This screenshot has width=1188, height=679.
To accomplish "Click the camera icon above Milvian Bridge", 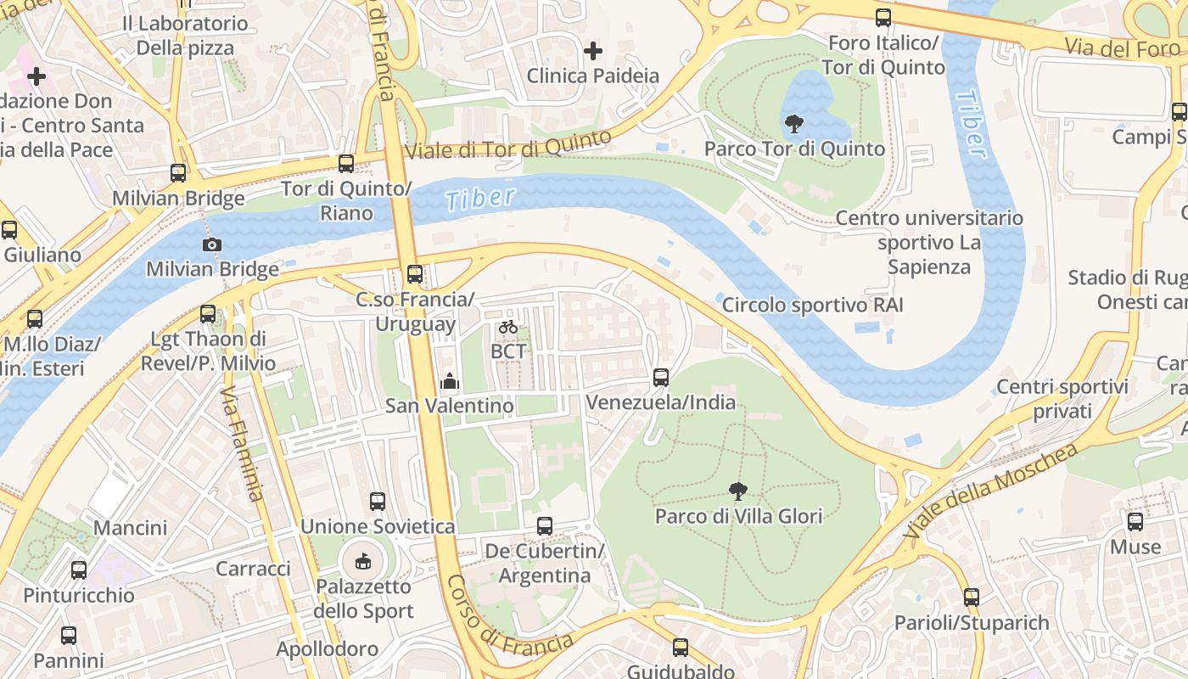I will tap(211, 245).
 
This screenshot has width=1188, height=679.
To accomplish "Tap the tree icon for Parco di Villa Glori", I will tap(738, 491).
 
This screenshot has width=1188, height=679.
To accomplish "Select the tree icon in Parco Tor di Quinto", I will tap(794, 124).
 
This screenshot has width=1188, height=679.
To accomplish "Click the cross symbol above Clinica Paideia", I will tap(592, 52).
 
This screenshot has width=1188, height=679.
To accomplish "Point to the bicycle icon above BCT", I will tap(508, 327).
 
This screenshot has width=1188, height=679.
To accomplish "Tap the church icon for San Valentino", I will tap(450, 381).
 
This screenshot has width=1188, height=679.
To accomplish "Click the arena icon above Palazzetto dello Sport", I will tap(363, 561).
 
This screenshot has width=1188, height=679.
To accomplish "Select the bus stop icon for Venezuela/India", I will tap(661, 377).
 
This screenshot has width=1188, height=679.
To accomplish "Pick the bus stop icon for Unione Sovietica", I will tap(378, 502).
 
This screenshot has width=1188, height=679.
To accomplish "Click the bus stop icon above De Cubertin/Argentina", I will tap(545, 526).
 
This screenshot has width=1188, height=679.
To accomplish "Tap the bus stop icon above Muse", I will tap(1135, 522).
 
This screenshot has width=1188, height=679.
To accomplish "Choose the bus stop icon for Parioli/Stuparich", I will tap(972, 598).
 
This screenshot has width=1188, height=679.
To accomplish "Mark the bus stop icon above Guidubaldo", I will tap(680, 648).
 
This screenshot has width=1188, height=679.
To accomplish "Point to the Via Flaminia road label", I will tap(243, 443).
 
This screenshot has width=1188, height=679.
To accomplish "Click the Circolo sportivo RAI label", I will tap(812, 305).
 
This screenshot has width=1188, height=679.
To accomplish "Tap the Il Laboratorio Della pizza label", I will tap(185, 36).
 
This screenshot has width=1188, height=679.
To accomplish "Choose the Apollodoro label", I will tap(327, 649).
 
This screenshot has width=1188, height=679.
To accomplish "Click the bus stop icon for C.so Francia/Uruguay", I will tap(414, 274).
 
